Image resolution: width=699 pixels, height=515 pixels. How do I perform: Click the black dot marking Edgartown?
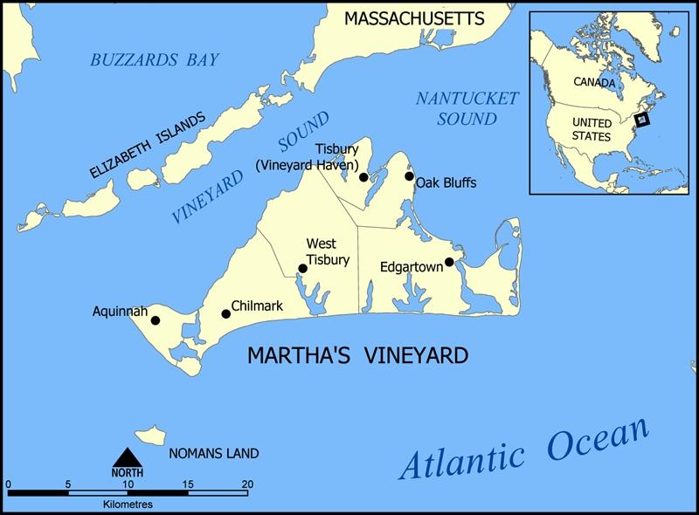[449, 262]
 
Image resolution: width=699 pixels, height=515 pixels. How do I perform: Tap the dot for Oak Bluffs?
[409, 176]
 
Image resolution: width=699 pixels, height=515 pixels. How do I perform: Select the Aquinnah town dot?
[156, 320]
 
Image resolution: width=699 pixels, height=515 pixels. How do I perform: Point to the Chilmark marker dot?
[225, 313]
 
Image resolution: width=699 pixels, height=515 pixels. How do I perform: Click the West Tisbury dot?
[303, 269]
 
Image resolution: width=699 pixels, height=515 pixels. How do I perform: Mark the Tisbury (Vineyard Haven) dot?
[363, 177]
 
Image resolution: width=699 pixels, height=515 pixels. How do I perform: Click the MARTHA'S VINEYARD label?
[358, 356]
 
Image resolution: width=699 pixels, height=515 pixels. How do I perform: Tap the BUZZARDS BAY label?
[155, 60]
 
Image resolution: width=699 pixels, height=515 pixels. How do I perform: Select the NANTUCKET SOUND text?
[467, 107]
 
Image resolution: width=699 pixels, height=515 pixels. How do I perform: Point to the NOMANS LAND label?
[214, 454]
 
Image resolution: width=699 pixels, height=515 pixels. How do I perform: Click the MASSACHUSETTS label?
[413, 17]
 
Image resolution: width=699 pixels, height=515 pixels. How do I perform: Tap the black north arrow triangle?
[127, 457]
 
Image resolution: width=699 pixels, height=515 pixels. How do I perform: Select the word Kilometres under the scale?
[127, 505]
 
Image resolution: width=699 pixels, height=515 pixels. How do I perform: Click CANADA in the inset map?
[594, 82]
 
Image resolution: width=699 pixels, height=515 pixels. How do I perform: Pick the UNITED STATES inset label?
[592, 131]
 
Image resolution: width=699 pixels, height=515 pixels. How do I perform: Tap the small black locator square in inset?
[643, 120]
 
